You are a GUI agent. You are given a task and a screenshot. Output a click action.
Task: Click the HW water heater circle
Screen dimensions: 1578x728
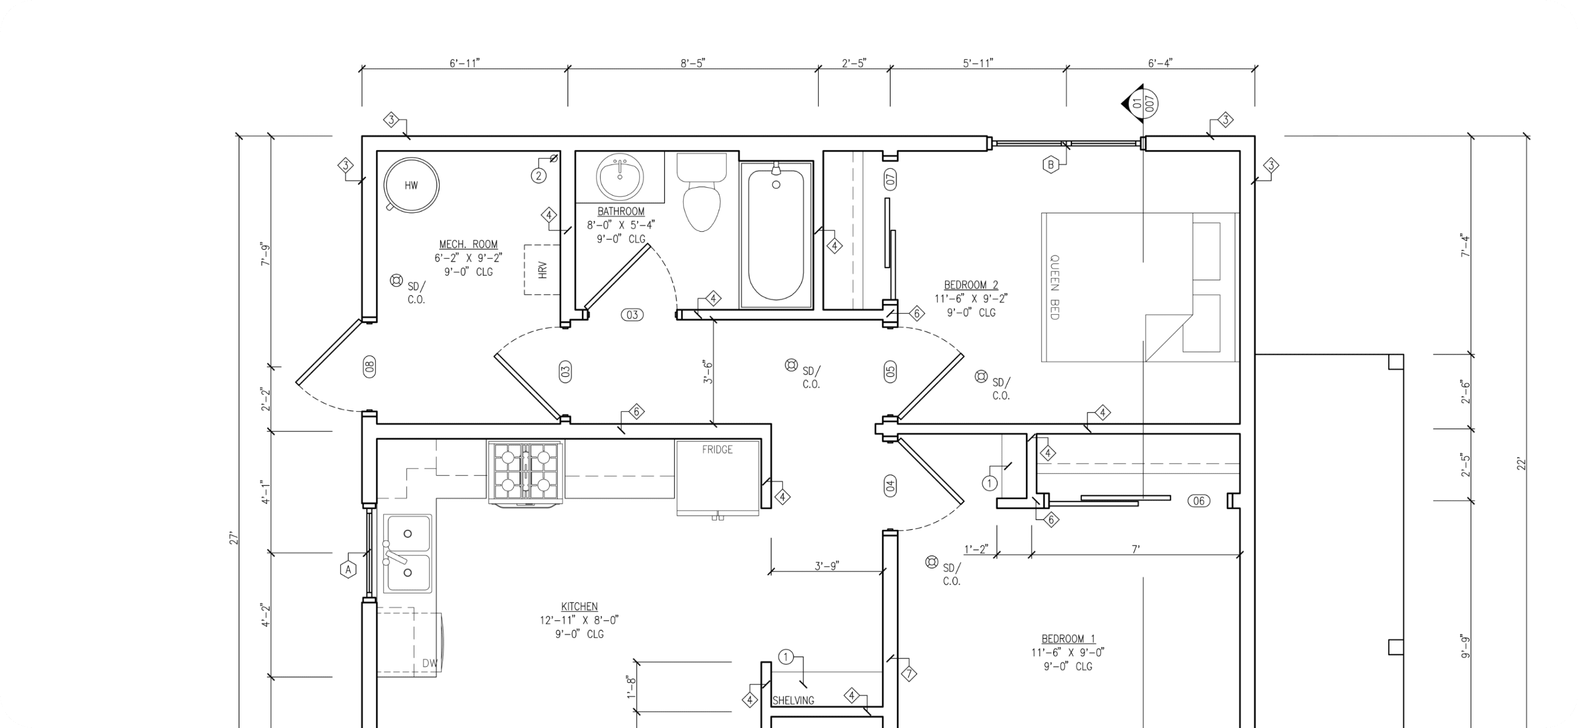click(x=411, y=185)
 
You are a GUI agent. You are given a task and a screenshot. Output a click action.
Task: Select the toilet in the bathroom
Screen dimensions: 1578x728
click(x=701, y=192)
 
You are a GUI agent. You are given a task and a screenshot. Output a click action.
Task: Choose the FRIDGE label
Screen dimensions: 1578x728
click(x=717, y=450)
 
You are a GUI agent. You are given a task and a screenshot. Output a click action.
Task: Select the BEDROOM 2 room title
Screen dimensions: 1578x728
click(x=971, y=285)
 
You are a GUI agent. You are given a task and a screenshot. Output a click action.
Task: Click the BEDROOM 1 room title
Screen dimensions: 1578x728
click(x=1068, y=639)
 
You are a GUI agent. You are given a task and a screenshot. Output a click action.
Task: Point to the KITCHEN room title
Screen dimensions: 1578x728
click(x=579, y=607)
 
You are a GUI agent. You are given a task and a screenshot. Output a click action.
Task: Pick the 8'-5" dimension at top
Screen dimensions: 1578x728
click(x=693, y=63)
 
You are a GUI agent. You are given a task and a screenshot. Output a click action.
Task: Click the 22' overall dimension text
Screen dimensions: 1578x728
click(x=1521, y=464)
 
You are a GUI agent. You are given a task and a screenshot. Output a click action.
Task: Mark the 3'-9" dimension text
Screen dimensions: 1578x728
click(x=826, y=565)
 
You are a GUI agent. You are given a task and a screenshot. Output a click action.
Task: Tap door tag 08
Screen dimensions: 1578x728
click(x=369, y=367)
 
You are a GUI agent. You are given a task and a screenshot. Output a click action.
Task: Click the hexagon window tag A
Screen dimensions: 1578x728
click(x=348, y=570)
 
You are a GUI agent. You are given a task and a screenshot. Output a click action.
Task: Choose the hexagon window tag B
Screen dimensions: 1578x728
click(x=1051, y=165)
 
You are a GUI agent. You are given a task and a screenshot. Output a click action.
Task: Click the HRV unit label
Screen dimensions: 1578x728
click(x=542, y=270)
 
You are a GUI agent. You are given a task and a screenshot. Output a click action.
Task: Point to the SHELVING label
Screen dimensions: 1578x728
click(x=793, y=700)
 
